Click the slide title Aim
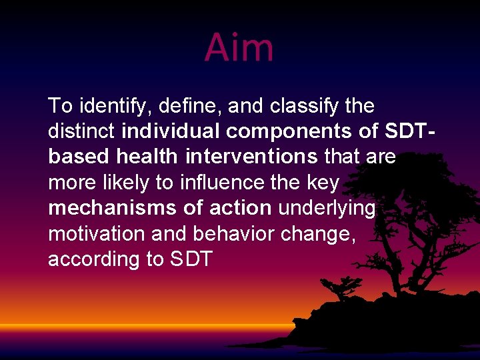[239, 47]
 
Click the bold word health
[147, 157]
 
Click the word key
[323, 183]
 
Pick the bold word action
[241, 208]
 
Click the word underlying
[327, 209]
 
